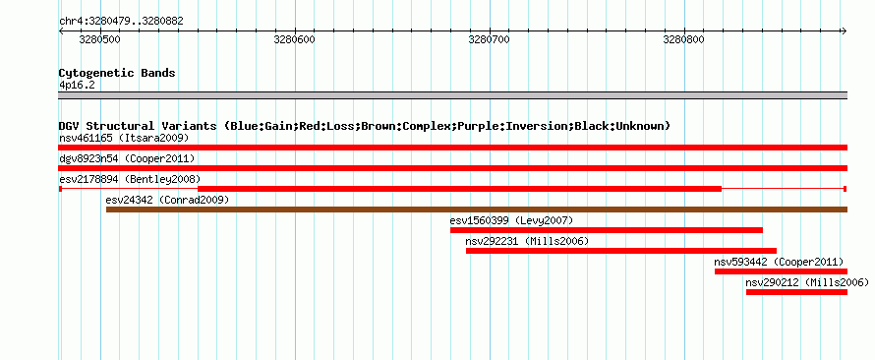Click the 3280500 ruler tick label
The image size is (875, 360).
pos(100,40)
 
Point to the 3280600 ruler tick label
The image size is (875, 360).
pos(295,40)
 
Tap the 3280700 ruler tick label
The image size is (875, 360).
pos(490,40)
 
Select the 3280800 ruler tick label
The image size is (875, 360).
pos(683,40)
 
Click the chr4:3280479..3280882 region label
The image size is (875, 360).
pos(121,22)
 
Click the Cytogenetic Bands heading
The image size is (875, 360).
pos(117,73)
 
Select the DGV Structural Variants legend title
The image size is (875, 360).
pos(365,126)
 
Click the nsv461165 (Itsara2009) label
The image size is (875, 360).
pos(124,138)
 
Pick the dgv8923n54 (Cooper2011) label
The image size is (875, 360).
pos(127,158)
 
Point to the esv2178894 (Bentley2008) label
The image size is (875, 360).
pos(130,179)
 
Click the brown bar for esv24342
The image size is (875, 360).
pos(477,210)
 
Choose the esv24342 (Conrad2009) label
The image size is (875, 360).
pos(167,200)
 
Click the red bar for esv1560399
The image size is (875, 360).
pos(607,230)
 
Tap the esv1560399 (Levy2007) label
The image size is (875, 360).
pos(511,220)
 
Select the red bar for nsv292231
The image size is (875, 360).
pos(621,251)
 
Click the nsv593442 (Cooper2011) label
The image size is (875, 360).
pos(779,262)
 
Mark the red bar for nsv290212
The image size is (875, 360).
pos(797,292)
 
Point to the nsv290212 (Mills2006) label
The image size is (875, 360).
pos(807,283)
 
